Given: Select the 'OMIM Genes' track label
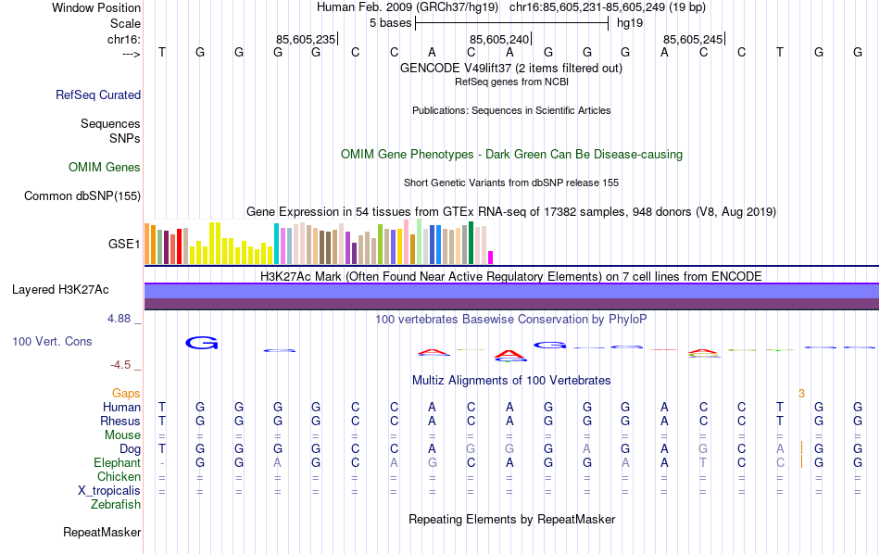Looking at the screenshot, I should click(x=105, y=168).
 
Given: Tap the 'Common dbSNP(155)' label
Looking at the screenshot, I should click(x=82, y=195).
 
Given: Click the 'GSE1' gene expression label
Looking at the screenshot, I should click(x=124, y=245).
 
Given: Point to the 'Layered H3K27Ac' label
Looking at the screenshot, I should click(x=60, y=290).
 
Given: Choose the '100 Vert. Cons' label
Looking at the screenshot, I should click(x=52, y=342).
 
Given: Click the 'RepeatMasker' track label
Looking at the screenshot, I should click(x=102, y=533).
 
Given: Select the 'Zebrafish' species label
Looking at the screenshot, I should click(x=116, y=505).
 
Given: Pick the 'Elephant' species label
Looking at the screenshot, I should click(x=117, y=462).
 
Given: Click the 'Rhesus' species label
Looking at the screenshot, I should click(x=120, y=421).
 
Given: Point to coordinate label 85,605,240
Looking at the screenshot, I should click(x=499, y=39).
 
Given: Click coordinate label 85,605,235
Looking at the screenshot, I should click(x=306, y=39).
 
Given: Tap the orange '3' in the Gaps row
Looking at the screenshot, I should click(x=801, y=394).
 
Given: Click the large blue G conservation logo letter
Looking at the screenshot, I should click(x=202, y=343).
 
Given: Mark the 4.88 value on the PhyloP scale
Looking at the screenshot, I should click(x=122, y=319).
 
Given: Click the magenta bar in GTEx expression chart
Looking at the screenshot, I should click(x=491, y=258).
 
